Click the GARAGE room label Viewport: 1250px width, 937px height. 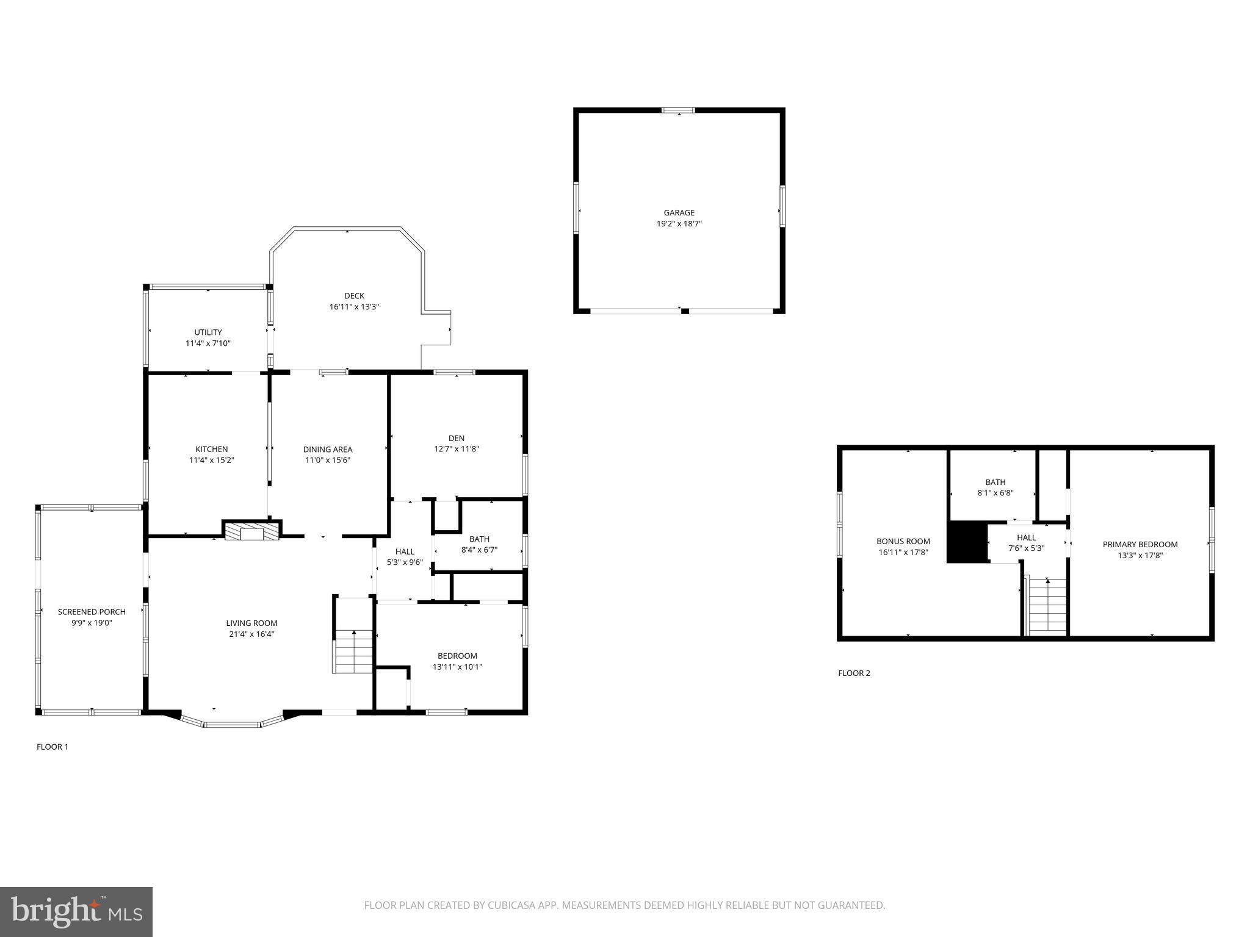point(679,213)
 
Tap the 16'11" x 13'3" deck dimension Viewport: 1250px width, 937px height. point(354,307)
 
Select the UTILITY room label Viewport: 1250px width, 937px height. point(208,332)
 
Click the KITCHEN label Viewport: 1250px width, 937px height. point(211,450)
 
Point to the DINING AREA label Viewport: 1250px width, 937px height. point(328,450)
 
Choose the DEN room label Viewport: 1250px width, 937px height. point(456,438)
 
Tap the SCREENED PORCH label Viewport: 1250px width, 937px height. point(92,612)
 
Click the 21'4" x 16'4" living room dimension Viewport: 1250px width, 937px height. point(251,634)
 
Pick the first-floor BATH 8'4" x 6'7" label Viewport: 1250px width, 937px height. point(479,544)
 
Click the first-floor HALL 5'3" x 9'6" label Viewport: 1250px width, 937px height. point(405,557)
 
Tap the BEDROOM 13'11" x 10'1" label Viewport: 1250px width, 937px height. point(457,661)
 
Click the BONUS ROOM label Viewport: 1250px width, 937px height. point(903,541)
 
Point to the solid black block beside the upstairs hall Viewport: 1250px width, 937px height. point(967,542)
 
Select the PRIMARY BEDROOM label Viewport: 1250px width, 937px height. point(1140,544)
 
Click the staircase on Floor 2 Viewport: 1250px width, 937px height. point(1047,607)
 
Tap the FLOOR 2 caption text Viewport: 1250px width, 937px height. point(854,673)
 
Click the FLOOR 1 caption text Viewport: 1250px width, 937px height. point(52,747)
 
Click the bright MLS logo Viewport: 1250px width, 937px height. point(76,911)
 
